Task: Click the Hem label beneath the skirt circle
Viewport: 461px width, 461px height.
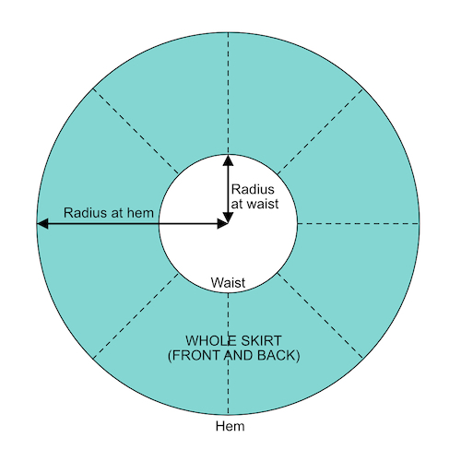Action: click(x=230, y=426)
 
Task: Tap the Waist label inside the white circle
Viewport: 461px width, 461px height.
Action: click(x=228, y=282)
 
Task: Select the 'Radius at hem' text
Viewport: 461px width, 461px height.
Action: click(x=109, y=213)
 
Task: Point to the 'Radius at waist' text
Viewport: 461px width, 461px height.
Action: click(x=254, y=196)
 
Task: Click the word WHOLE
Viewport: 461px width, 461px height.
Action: click(x=207, y=340)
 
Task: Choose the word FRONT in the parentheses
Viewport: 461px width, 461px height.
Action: click(x=195, y=355)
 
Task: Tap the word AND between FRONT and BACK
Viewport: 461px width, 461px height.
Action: click(x=239, y=355)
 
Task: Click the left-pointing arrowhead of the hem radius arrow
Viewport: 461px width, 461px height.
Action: click(x=42, y=224)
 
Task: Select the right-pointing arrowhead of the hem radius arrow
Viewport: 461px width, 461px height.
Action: click(x=222, y=224)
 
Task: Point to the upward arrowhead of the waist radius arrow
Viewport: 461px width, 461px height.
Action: click(x=228, y=160)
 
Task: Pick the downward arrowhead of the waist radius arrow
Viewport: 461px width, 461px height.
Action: click(x=228, y=218)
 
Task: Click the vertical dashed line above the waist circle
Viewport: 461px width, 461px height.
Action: click(x=228, y=93)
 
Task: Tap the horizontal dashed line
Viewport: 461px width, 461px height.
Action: click(x=359, y=224)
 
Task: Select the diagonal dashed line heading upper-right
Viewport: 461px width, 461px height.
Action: click(x=320, y=132)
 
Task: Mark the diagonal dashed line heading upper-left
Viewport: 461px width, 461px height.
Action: click(x=136, y=132)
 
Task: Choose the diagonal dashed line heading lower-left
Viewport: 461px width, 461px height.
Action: click(x=136, y=315)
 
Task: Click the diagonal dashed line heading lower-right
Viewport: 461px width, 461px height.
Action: click(x=320, y=315)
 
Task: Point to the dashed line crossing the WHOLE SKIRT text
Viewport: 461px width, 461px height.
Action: click(x=228, y=354)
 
